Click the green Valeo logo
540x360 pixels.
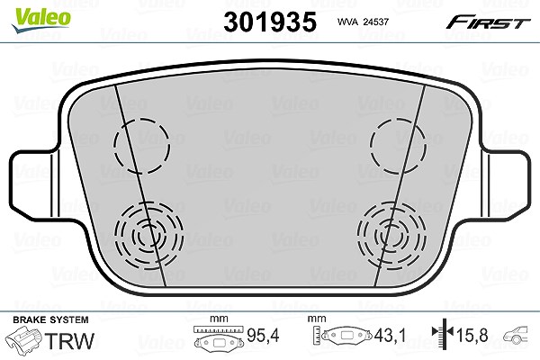[41, 20]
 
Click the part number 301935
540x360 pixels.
[270, 22]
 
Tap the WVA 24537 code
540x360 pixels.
[363, 22]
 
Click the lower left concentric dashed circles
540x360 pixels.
[148, 235]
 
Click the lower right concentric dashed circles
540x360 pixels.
[391, 235]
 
